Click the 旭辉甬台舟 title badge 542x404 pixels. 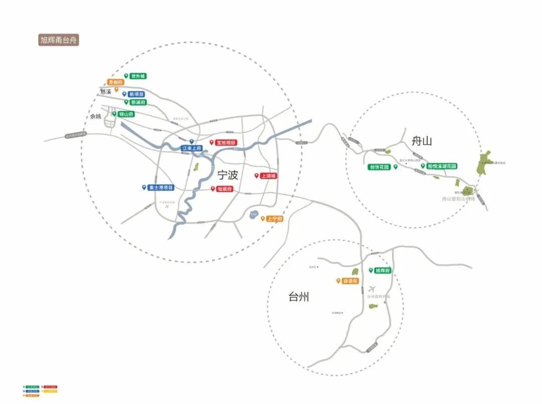[59, 40]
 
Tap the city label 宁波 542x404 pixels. [227, 175]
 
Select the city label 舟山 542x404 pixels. [422, 141]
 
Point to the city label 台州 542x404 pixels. [299, 297]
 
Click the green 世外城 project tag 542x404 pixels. [138, 76]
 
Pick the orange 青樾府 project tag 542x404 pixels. [115, 82]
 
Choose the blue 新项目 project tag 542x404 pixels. [136, 94]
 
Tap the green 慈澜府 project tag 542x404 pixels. [138, 102]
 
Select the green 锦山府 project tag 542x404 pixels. [126, 114]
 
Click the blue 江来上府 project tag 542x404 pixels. [191, 148]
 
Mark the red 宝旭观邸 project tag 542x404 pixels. [226, 143]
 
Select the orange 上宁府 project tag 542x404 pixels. [275, 219]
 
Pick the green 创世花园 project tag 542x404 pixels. [379, 167]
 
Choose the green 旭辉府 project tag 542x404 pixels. [382, 271]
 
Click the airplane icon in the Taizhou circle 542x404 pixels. [372, 289]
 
